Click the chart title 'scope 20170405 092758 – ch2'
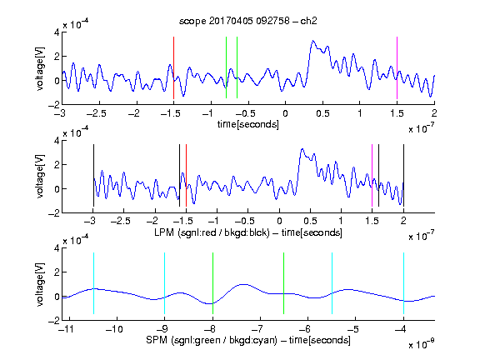pyautogui.click(x=248, y=21)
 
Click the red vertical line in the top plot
pyautogui.click(x=173, y=67)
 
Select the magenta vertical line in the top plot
pyautogui.click(x=397, y=67)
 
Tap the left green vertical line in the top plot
pyautogui.click(x=226, y=67)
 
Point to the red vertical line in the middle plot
pyautogui.click(x=186, y=175)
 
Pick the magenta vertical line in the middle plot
pyautogui.click(x=372, y=175)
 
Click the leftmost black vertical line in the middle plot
pyautogui.click(x=93, y=175)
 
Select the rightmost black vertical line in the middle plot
pyautogui.click(x=403, y=175)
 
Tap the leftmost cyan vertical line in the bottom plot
pyautogui.click(x=93, y=283)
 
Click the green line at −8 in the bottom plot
pyautogui.click(x=212, y=283)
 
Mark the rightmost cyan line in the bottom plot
pyautogui.click(x=403, y=283)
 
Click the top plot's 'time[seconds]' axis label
pyautogui.click(x=248, y=124)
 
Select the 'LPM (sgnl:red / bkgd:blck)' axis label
pyautogui.click(x=212, y=232)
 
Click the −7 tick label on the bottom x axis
pyautogui.click(x=257, y=329)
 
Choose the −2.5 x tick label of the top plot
pyautogui.click(x=96, y=113)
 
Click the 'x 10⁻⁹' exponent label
pyautogui.click(x=421, y=344)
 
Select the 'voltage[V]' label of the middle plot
pyautogui.click(x=40, y=177)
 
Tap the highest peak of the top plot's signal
pyautogui.click(x=312, y=40)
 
